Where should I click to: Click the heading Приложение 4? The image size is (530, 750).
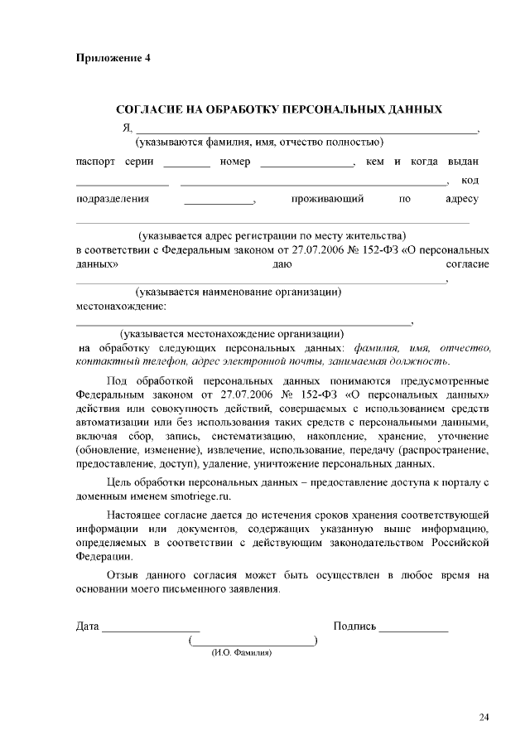pos(113,58)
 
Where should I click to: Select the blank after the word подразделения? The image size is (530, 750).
pos(219,201)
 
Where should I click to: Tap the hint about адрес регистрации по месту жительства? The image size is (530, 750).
pos(272,235)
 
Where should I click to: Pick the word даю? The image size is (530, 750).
pos(281,264)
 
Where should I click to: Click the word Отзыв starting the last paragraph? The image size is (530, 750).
pos(126,574)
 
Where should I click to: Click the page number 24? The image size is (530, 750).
pos(484,717)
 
